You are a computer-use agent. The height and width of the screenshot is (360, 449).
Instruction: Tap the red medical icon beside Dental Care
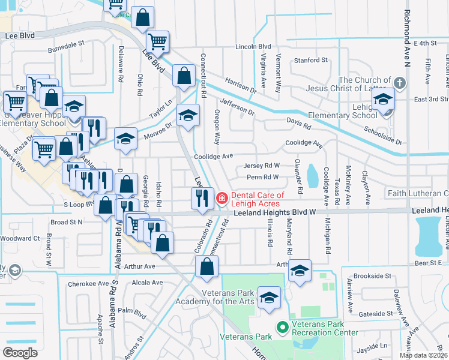click(x=222, y=197)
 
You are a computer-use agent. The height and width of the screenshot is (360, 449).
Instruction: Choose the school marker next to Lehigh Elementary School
click(x=382, y=100)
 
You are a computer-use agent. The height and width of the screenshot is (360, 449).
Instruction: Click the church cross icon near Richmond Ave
click(x=400, y=81)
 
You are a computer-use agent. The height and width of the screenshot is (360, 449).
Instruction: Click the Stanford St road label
click(x=310, y=61)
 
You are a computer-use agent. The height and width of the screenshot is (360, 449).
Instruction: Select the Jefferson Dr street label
click(x=237, y=107)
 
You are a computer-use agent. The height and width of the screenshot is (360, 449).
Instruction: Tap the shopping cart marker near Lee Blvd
click(x=157, y=43)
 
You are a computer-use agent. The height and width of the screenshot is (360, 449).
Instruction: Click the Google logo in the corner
click(x=20, y=352)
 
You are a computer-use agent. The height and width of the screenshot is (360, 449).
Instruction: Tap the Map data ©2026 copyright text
click(x=423, y=355)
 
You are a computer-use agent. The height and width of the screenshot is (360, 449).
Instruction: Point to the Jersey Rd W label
click(x=261, y=166)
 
